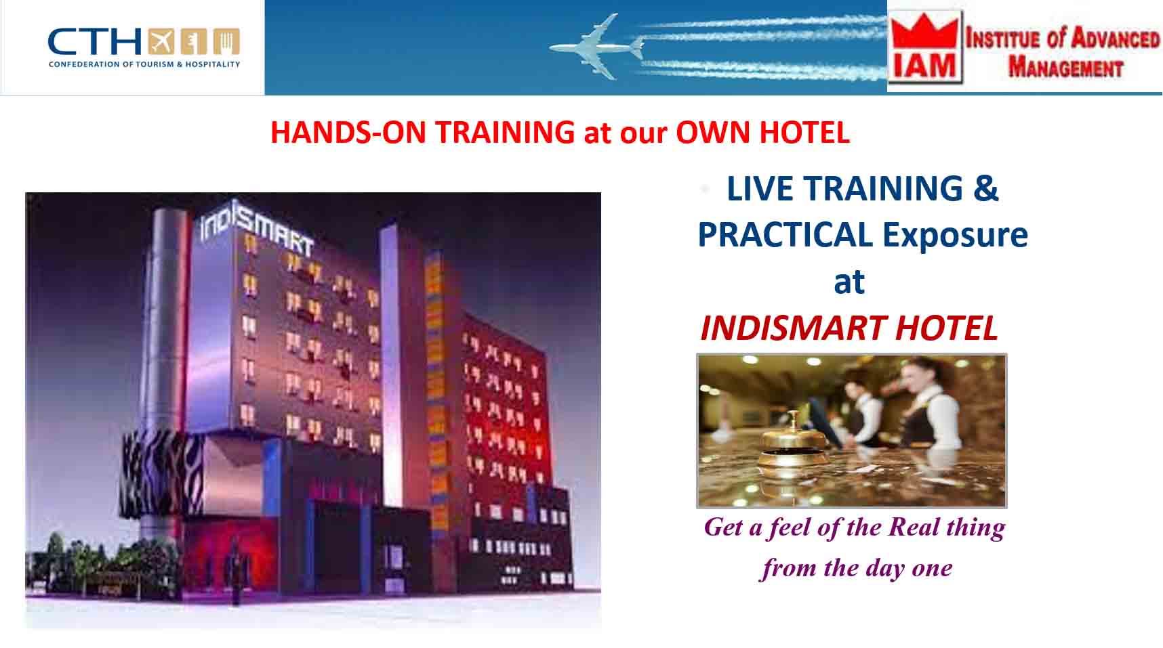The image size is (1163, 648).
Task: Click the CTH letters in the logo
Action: point(95,42)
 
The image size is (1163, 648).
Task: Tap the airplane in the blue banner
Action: point(596,47)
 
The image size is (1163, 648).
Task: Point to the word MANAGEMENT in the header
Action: point(1065,68)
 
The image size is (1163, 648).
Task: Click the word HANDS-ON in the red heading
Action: point(348,132)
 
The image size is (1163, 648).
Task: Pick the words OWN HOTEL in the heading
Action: point(762,132)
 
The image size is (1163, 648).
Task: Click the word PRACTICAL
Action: point(785,235)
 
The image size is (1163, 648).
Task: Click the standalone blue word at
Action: point(849,282)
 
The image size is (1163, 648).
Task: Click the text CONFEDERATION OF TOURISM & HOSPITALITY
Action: point(144,64)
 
